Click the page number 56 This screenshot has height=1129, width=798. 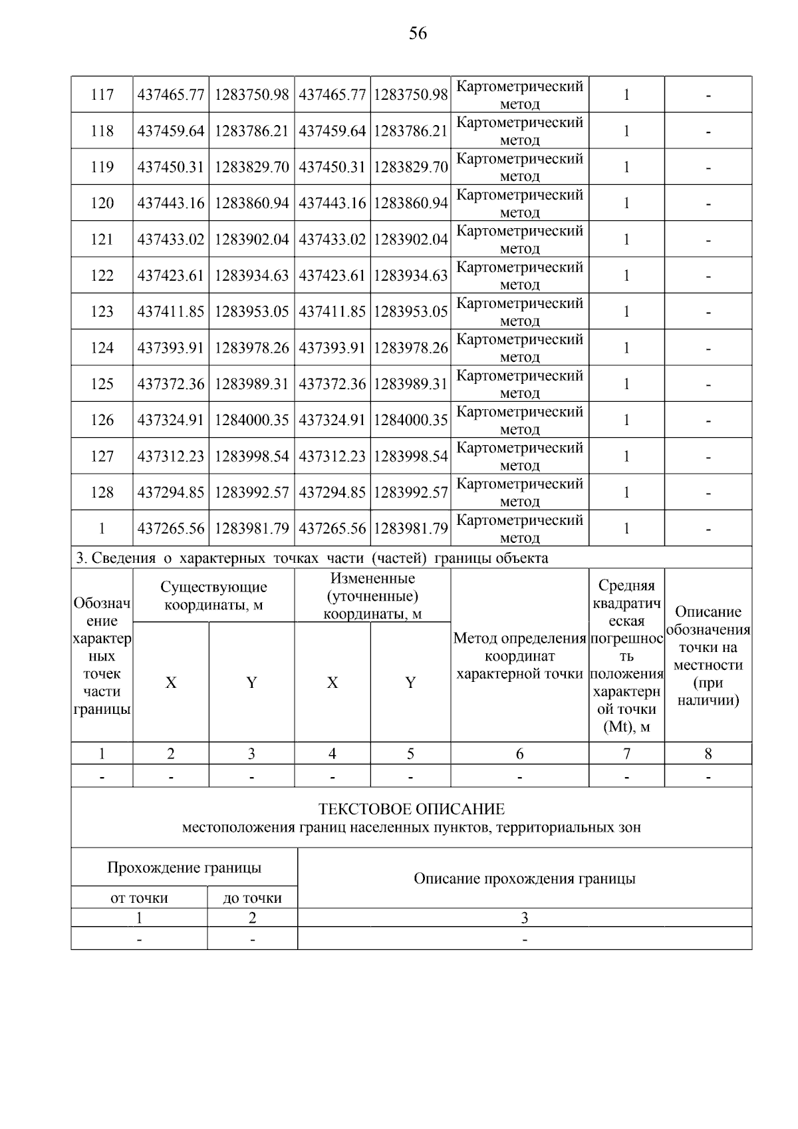[x=418, y=33]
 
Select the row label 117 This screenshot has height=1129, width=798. [x=102, y=94]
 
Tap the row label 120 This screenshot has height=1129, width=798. [x=102, y=203]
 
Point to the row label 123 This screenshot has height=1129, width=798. [x=102, y=311]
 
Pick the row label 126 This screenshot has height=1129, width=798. [x=102, y=420]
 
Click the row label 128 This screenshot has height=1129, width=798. [x=102, y=492]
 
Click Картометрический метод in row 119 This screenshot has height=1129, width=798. [x=519, y=167]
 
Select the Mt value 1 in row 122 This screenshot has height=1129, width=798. [x=626, y=275]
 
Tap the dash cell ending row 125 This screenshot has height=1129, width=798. [x=708, y=385]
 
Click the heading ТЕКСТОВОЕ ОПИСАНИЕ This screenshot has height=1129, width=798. [x=411, y=809]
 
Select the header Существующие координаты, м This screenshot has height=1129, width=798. [x=213, y=595]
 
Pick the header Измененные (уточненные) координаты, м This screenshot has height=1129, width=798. [x=372, y=595]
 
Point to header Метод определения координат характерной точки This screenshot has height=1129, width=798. [x=519, y=656]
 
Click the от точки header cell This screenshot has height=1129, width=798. [x=139, y=898]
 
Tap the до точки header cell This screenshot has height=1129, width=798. [x=252, y=898]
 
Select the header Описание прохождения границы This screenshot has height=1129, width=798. [x=524, y=878]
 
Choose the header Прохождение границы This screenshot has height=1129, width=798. [x=184, y=868]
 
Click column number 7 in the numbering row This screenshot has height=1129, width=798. [x=626, y=753]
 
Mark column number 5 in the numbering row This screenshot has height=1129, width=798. [x=410, y=753]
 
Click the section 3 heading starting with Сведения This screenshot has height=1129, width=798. [x=313, y=558]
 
